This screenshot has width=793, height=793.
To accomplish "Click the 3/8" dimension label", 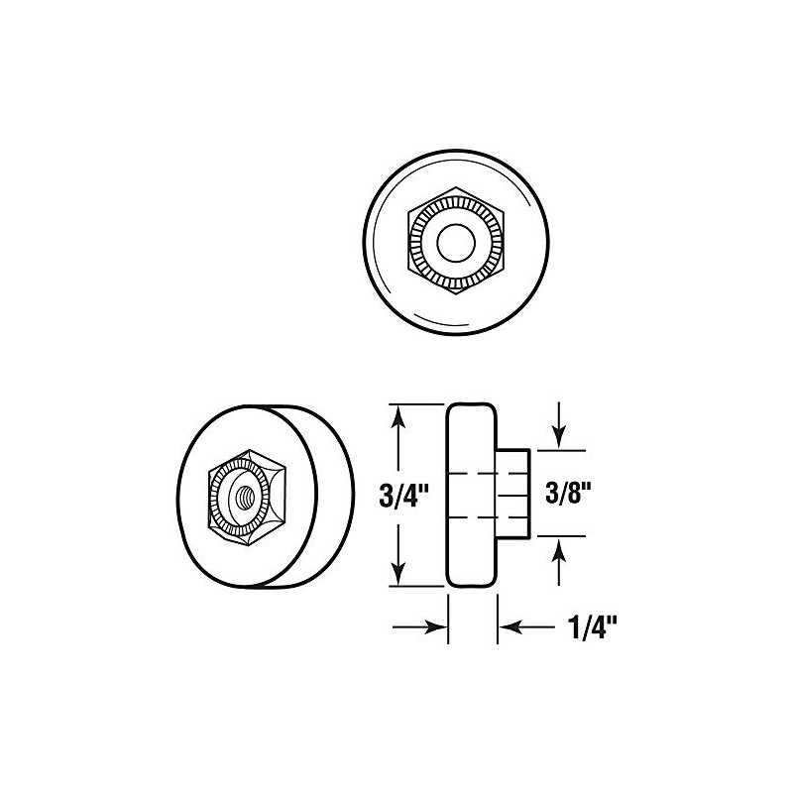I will tap(571, 494).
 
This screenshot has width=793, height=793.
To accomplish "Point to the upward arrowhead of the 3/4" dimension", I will tap(397, 414).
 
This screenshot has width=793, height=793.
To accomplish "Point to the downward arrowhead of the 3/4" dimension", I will tap(397, 576).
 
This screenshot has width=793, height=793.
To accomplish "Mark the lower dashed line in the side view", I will tap(486, 517).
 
